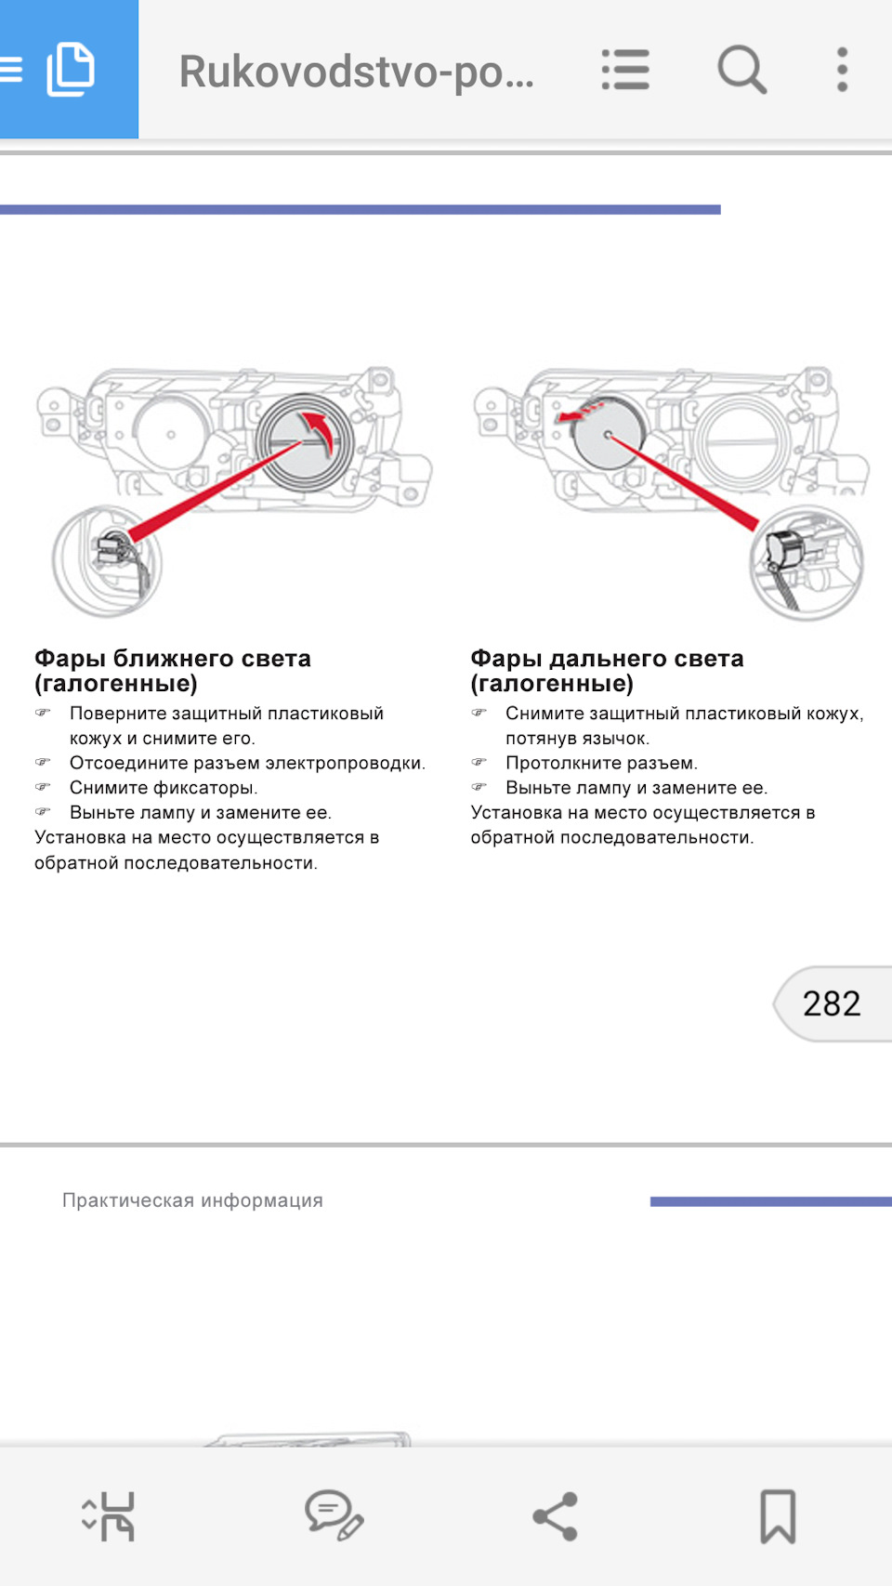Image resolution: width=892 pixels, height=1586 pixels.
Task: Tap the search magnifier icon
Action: (x=741, y=70)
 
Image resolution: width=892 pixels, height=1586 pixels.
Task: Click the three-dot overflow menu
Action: (x=842, y=70)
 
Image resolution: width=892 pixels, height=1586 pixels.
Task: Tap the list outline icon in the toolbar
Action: (x=625, y=70)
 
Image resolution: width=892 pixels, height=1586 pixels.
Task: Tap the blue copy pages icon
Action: (x=70, y=70)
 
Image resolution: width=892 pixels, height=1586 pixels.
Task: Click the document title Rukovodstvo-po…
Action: (x=356, y=72)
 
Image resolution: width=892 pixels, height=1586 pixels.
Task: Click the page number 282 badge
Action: (x=832, y=1003)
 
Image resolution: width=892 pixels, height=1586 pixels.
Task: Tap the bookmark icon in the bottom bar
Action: (x=778, y=1516)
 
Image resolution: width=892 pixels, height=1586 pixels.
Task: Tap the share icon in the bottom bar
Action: (x=556, y=1516)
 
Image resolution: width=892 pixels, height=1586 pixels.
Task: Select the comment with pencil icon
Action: (x=334, y=1515)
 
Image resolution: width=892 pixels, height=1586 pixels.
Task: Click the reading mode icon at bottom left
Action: (x=109, y=1516)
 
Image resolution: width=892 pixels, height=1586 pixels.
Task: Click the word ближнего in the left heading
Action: (x=177, y=659)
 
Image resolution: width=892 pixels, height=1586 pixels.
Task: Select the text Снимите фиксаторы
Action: (x=164, y=787)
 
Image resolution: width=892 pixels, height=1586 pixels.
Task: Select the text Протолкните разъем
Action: (x=602, y=763)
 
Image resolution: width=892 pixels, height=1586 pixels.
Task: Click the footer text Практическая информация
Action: (x=192, y=1200)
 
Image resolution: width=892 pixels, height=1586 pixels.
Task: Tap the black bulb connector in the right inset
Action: (x=786, y=549)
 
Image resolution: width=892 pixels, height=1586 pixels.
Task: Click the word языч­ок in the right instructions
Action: (x=617, y=739)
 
